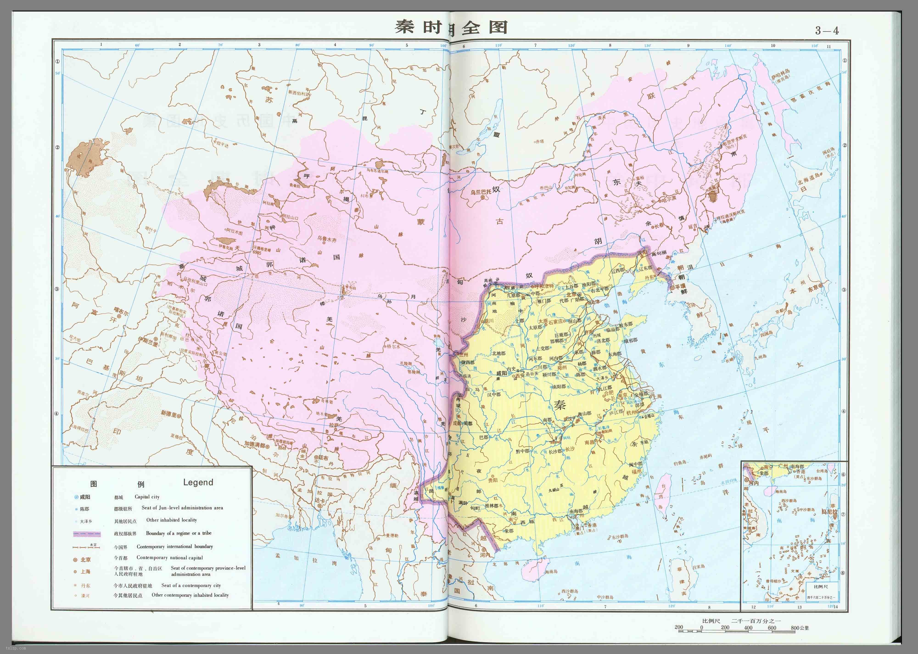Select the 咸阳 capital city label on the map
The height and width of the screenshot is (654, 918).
coord(501,373)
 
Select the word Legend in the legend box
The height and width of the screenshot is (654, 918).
coord(198,482)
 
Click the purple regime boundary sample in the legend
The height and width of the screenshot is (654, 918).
coord(87,534)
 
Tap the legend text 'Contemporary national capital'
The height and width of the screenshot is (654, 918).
coord(170,557)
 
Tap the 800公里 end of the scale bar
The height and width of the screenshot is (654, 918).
coord(799,627)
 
